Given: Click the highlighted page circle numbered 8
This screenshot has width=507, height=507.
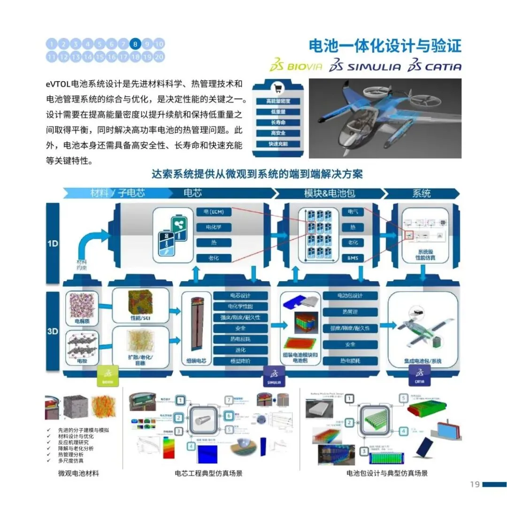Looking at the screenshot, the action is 135,45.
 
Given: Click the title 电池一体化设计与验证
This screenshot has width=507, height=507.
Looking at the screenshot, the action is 385,46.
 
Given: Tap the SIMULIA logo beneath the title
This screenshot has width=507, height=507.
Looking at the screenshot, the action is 365,66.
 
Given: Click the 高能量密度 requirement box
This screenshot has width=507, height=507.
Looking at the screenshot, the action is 278,101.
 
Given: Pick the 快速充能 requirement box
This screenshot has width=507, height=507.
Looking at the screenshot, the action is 278,144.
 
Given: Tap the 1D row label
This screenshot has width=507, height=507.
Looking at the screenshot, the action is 53,244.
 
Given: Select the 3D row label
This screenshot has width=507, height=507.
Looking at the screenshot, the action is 53,331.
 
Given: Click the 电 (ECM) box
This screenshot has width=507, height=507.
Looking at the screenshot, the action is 214,212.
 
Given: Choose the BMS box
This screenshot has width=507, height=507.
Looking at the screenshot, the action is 353,258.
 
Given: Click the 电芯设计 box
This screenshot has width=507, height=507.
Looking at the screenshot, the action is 240,296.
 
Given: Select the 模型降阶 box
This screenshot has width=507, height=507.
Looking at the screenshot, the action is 240,361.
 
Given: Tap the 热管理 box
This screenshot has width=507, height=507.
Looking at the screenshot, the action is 350,312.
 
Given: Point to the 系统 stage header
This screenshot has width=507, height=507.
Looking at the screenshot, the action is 421,193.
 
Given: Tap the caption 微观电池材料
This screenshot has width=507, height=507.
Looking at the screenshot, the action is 78,473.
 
